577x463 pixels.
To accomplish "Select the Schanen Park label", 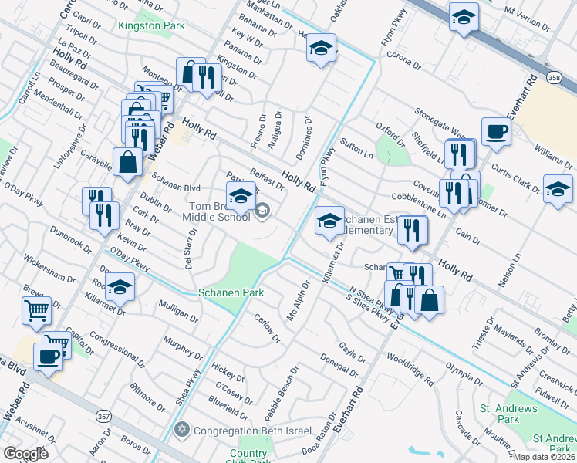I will pos(231,292).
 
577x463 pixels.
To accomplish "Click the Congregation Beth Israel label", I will pos(253,431).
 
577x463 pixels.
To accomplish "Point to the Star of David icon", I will pos(183,430).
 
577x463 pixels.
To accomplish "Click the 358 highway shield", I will pos(533,77).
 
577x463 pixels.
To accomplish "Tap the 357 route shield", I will pos(104,416).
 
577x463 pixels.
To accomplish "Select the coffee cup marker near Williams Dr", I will pos(495,130).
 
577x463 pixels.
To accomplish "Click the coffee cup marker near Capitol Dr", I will pos(49,357).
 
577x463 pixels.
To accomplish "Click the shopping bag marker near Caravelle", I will pos(127,161).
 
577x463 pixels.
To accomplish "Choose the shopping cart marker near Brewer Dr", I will pos(36,310).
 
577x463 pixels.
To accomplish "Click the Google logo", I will pos(26,453).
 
